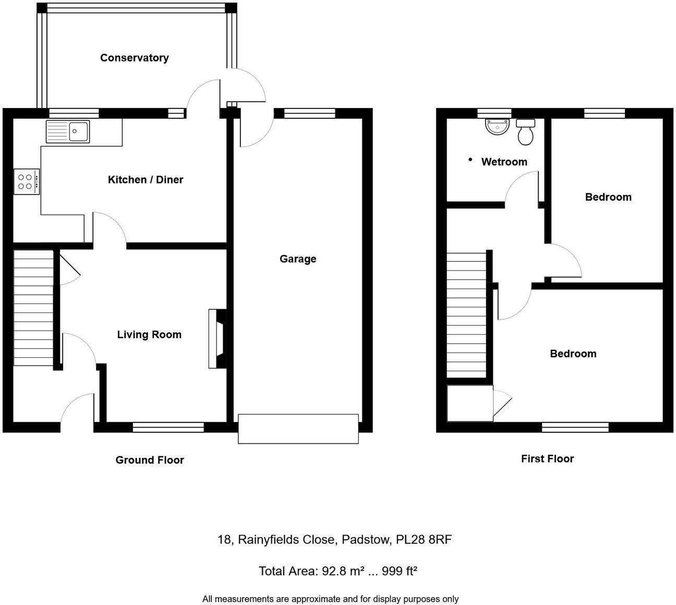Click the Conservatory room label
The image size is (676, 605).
coord(135,58)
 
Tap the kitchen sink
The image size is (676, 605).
coord(68,131)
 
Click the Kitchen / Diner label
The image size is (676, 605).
coord(146,180)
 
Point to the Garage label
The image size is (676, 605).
coord(298,259)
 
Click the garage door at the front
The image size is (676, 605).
coord(298,429)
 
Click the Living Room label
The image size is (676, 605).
coord(149,335)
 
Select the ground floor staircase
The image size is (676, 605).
coord(33,308)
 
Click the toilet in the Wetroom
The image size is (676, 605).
coord(525,132)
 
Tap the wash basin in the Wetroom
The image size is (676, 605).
coord(498,127)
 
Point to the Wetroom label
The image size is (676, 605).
coord(504,162)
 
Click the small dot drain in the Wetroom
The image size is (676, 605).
coord(470,159)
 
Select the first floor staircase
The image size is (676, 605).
coord(467,314)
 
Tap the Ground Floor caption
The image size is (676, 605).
coord(150,460)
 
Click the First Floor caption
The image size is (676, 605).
coord(547,459)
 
